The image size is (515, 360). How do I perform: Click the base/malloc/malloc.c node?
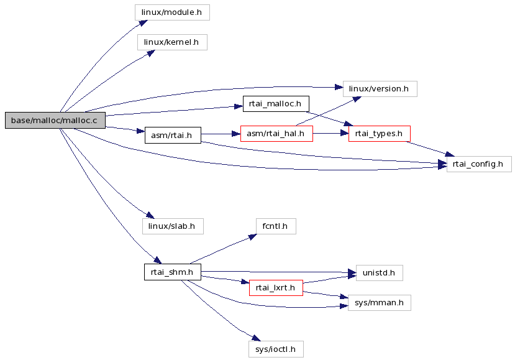[x=55, y=121]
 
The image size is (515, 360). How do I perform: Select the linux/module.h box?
[x=172, y=12]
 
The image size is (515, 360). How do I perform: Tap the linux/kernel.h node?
[x=172, y=42]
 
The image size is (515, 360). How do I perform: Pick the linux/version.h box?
[x=380, y=89]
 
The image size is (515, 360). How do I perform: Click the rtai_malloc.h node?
[x=276, y=104]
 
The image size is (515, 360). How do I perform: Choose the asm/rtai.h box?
[x=173, y=136]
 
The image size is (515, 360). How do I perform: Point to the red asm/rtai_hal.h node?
[x=276, y=134]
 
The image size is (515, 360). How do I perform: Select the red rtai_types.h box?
[x=380, y=134]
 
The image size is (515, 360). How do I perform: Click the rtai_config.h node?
[x=479, y=164]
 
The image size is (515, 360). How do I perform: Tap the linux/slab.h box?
[x=173, y=226]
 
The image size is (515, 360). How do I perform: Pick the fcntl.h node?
[x=276, y=226]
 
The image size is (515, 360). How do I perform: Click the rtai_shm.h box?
[x=173, y=272]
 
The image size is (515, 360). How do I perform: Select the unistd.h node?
[x=380, y=273]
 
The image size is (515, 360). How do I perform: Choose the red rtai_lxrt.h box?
[x=276, y=288]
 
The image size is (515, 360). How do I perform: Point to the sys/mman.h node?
[x=380, y=303]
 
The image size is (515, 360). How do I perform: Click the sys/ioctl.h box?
[x=276, y=349]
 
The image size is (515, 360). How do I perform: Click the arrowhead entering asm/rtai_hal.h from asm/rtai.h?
[x=236, y=134]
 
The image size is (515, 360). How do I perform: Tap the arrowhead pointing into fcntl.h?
[x=253, y=237]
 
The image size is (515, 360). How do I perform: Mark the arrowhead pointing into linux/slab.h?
[x=150, y=215]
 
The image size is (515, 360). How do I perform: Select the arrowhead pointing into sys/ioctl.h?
[x=256, y=338]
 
